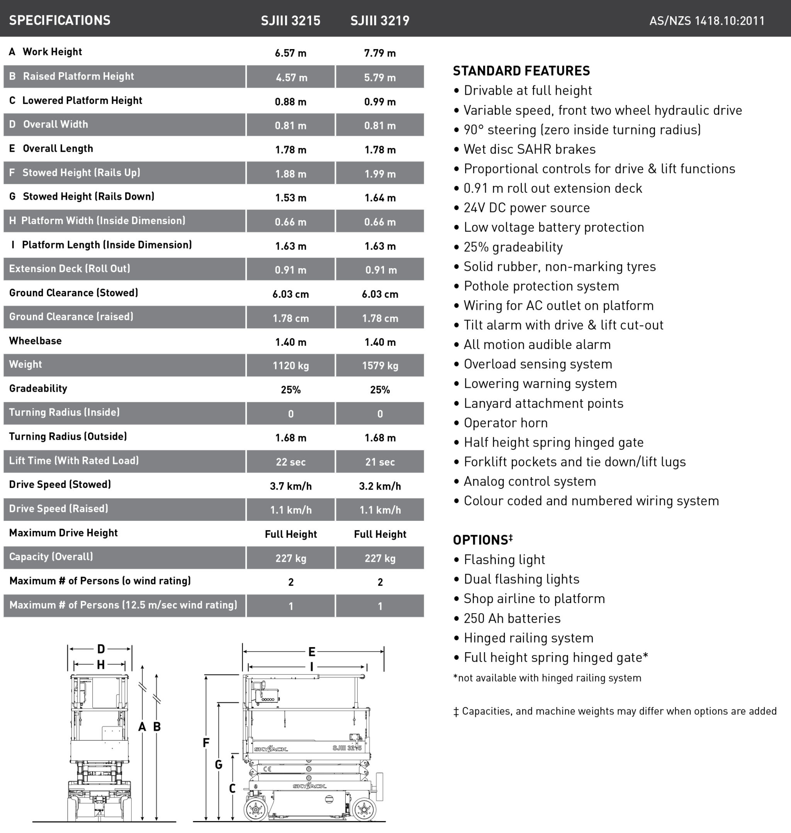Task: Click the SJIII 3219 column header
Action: point(380,20)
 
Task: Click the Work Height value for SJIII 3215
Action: point(290,53)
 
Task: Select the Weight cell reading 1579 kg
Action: point(380,365)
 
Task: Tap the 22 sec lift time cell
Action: point(290,461)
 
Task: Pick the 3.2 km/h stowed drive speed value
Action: point(380,486)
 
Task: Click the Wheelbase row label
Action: point(36,341)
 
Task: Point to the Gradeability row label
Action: point(38,388)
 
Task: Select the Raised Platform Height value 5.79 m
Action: point(380,78)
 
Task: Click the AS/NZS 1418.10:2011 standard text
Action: point(707,20)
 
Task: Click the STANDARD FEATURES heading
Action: point(521,71)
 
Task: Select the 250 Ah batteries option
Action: point(512,618)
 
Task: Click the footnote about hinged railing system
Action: point(547,678)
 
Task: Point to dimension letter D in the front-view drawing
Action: point(101,649)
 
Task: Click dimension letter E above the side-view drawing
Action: point(312,652)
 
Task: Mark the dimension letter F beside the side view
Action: point(206,743)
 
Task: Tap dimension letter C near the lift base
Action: point(232,788)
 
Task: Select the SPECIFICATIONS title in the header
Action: point(59,20)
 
